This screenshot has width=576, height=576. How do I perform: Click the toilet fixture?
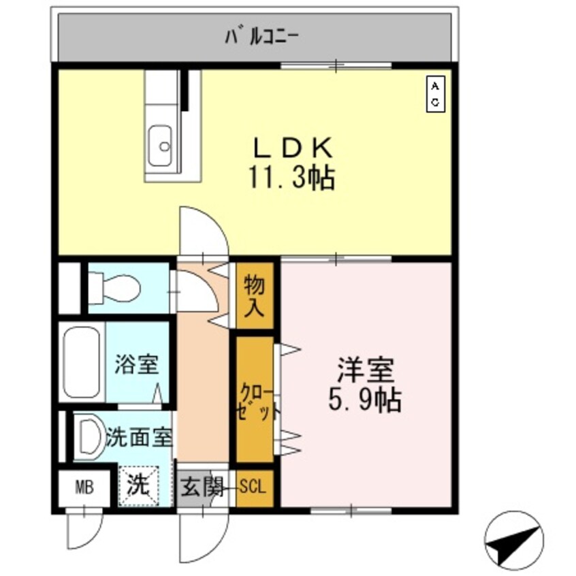coord(116,288)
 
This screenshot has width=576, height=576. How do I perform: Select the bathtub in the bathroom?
coord(81,364)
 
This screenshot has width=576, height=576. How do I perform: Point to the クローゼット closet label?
coord(256,401)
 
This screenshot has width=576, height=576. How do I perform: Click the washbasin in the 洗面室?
coord(88,436)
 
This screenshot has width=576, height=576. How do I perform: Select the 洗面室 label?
coord(139,436)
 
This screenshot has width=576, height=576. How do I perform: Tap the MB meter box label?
coord(83,487)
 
